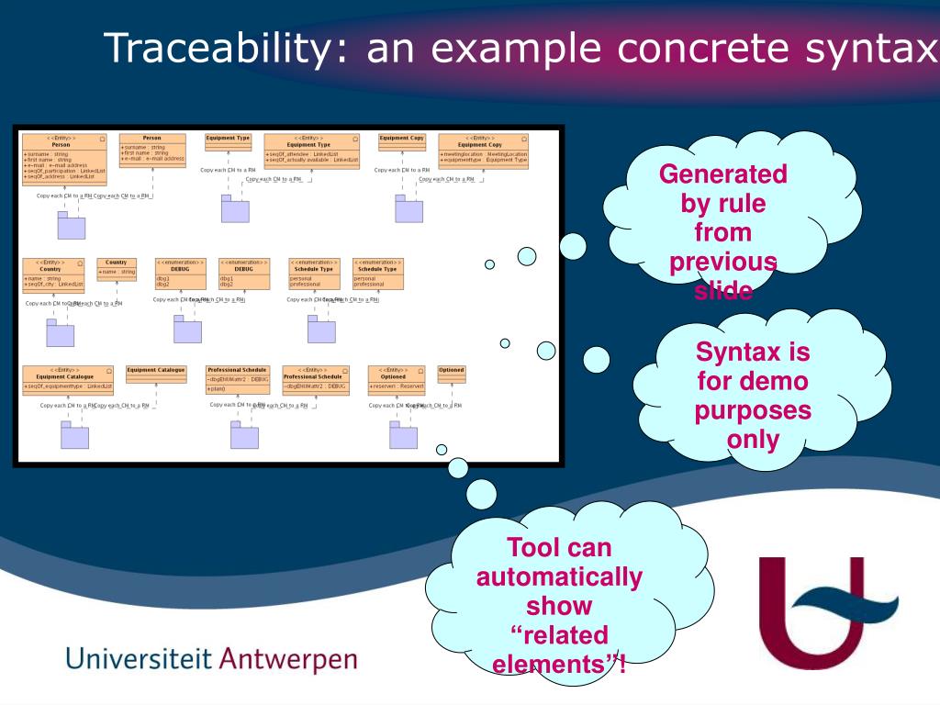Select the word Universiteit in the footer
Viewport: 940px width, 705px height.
click(x=139, y=658)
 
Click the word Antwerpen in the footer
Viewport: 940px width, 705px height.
click(x=290, y=660)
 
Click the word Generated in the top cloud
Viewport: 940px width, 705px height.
click(x=723, y=173)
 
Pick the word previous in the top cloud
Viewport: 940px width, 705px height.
click(x=723, y=262)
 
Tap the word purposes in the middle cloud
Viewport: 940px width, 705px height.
click(x=753, y=409)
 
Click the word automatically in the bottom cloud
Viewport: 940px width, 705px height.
click(x=559, y=577)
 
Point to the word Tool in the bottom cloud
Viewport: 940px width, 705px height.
click(x=532, y=548)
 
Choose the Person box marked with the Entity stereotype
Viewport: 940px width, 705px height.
click(x=63, y=159)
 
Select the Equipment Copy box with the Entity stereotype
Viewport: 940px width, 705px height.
click(x=483, y=150)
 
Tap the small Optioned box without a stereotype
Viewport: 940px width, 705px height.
click(x=451, y=375)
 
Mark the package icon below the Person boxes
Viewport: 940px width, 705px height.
click(x=71, y=225)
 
